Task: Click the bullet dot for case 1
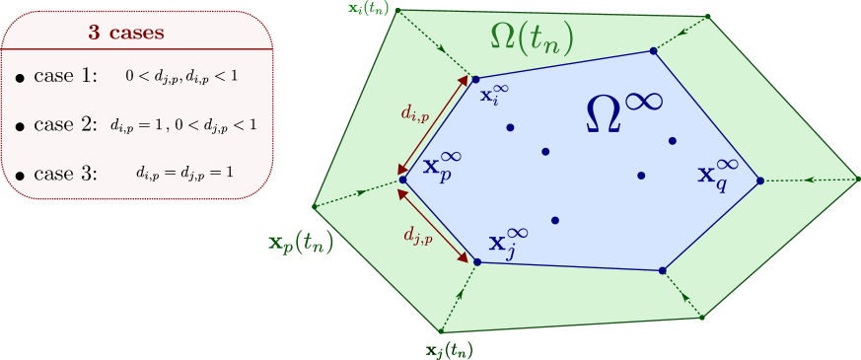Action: coord(20,78)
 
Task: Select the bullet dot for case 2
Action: coord(20,127)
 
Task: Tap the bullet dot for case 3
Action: coord(20,176)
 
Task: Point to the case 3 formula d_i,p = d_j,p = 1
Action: coord(184,173)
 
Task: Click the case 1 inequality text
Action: coord(181,75)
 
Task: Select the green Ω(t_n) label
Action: coord(532,38)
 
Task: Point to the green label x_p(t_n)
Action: coord(301,243)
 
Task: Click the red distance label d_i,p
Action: coord(415,114)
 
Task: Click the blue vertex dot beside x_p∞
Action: coord(403,180)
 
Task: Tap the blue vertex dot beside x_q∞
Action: coord(760,180)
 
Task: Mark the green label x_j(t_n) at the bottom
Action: coord(448,349)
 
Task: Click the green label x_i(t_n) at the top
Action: coord(369,9)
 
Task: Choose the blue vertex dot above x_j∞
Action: coord(477,261)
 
